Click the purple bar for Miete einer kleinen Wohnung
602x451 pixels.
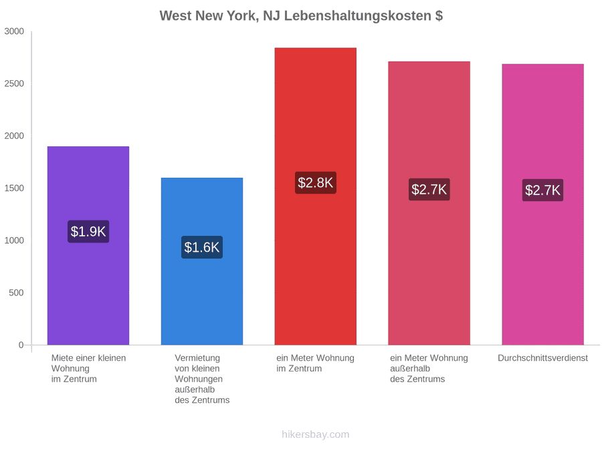88,245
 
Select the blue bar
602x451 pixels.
202,261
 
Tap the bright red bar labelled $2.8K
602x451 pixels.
316,196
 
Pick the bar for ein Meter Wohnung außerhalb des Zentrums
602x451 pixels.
429,203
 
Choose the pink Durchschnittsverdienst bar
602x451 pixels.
543,204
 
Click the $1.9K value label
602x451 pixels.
88,231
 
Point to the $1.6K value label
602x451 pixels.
202,247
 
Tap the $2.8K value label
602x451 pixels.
316,182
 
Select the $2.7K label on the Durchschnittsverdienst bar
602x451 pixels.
543,190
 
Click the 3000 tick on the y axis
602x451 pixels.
14,31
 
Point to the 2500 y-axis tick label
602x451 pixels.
14,84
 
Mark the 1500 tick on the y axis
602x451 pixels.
14,188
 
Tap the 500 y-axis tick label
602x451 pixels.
17,293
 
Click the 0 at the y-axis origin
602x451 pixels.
21,345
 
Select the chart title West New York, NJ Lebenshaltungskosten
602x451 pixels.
302,16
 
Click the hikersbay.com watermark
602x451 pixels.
316,434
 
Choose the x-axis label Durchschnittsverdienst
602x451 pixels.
543,358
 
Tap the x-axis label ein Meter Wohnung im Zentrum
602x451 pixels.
316,363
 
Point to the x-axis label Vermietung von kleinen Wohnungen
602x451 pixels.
202,379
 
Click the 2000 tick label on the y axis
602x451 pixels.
14,136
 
